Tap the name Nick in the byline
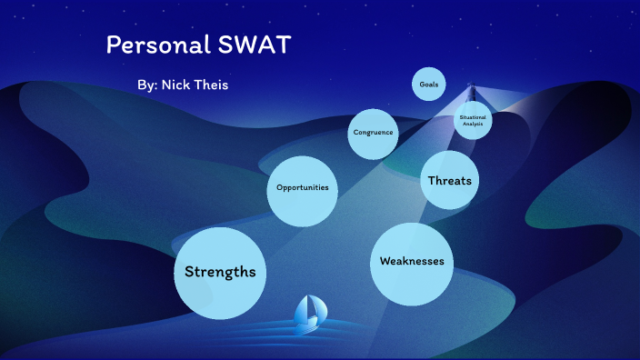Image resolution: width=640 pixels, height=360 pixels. coord(181,85)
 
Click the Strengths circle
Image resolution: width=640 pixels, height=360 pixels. coord(220,273)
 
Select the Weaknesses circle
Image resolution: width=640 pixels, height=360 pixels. coord(412,263)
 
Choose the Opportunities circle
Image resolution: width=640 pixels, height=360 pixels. coord(303,189)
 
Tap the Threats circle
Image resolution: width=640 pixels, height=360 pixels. coord(450,180)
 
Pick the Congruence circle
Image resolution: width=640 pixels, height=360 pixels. coord(374,133)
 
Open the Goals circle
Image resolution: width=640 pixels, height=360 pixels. coord(428,84)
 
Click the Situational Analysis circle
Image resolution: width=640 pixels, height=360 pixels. coord(473,119)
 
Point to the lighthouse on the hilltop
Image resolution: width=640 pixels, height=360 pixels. coord(471,93)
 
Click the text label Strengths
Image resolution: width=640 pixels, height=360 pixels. coord(220,272)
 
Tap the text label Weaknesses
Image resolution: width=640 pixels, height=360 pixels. coord(412,262)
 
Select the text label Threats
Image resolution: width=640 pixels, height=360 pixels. coord(450,180)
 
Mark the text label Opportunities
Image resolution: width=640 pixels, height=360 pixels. coord(303,188)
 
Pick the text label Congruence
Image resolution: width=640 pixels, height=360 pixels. coord(374,133)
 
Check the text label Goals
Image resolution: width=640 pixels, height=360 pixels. coord(428,84)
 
